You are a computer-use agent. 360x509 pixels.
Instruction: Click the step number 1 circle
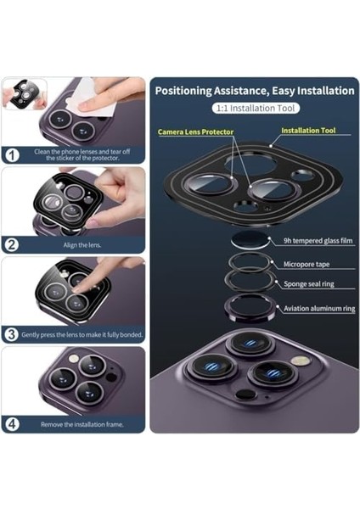click(x=12, y=155)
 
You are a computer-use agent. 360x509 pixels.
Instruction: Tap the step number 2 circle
click(x=12, y=245)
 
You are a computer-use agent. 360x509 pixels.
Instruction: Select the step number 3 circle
click(x=12, y=335)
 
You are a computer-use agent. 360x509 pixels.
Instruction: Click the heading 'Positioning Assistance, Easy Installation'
click(x=255, y=90)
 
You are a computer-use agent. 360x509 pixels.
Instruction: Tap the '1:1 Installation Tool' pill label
click(x=255, y=109)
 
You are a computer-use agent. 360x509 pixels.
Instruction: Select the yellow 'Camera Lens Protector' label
click(x=199, y=132)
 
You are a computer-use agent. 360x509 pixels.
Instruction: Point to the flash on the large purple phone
click(x=298, y=361)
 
